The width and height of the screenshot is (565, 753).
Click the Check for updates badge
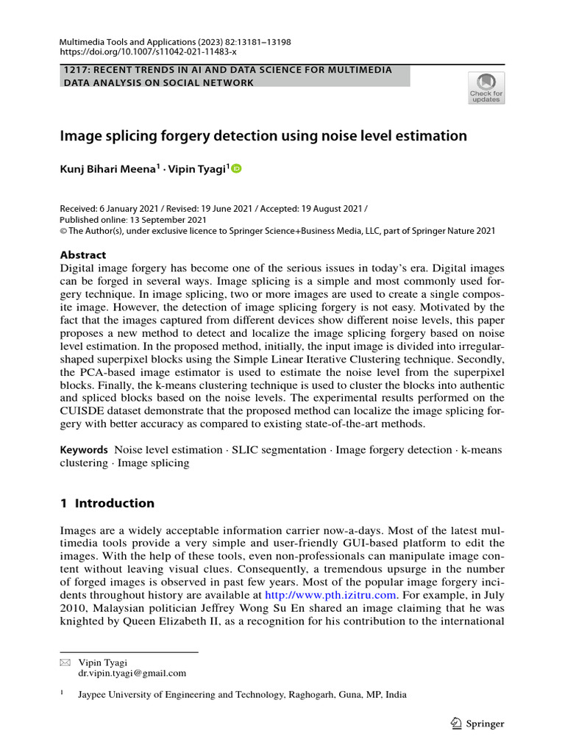[486, 88]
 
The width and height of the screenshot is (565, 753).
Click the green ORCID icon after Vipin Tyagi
[236, 168]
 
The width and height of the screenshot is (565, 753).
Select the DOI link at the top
[148, 53]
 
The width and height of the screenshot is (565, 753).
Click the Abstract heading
[83, 255]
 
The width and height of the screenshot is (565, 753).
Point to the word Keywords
[84, 449]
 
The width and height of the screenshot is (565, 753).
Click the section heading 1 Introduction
[107, 504]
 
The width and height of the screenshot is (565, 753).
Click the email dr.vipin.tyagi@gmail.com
[132, 673]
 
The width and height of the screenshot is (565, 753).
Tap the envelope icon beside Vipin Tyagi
[64, 662]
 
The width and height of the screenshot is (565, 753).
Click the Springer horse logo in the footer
[455, 724]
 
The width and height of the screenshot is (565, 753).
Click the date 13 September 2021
[165, 219]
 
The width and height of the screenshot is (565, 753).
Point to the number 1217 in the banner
[74, 70]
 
